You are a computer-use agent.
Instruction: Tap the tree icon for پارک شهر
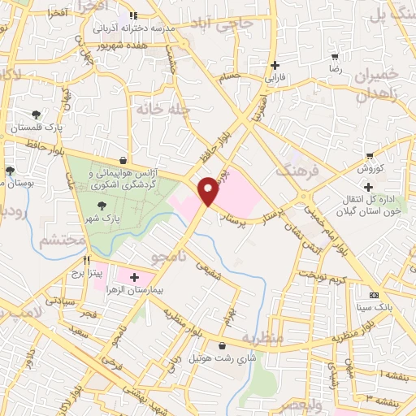click(102, 206)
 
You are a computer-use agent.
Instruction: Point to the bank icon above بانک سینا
click(374, 294)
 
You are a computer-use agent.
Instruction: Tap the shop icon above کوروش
click(370, 155)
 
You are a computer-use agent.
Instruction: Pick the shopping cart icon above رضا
click(335, 58)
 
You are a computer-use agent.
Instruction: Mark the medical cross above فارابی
click(275, 66)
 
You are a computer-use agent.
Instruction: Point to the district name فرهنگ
click(293, 171)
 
